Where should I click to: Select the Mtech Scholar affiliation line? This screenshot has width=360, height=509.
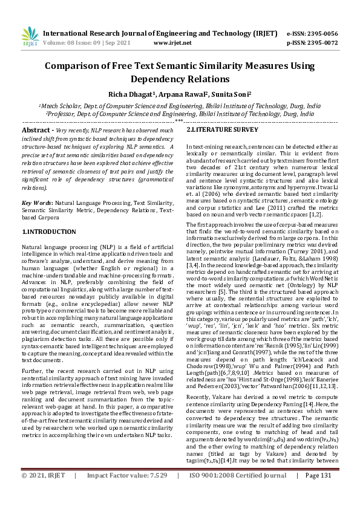click(x=180, y=105)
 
